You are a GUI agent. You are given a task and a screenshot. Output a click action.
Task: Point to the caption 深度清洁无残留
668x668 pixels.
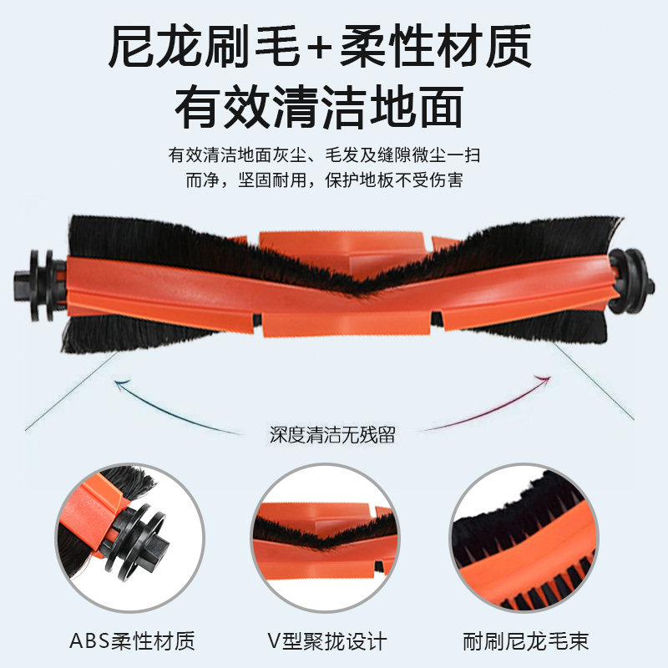click(x=332, y=434)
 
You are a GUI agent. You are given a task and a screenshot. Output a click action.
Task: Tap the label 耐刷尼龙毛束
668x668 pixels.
click(x=527, y=642)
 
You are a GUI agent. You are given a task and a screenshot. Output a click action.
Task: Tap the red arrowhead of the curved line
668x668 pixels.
click(x=546, y=380)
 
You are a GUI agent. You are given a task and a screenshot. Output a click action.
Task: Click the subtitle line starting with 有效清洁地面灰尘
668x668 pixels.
click(x=324, y=155)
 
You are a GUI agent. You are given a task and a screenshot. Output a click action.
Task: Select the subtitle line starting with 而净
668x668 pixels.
click(x=324, y=180)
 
